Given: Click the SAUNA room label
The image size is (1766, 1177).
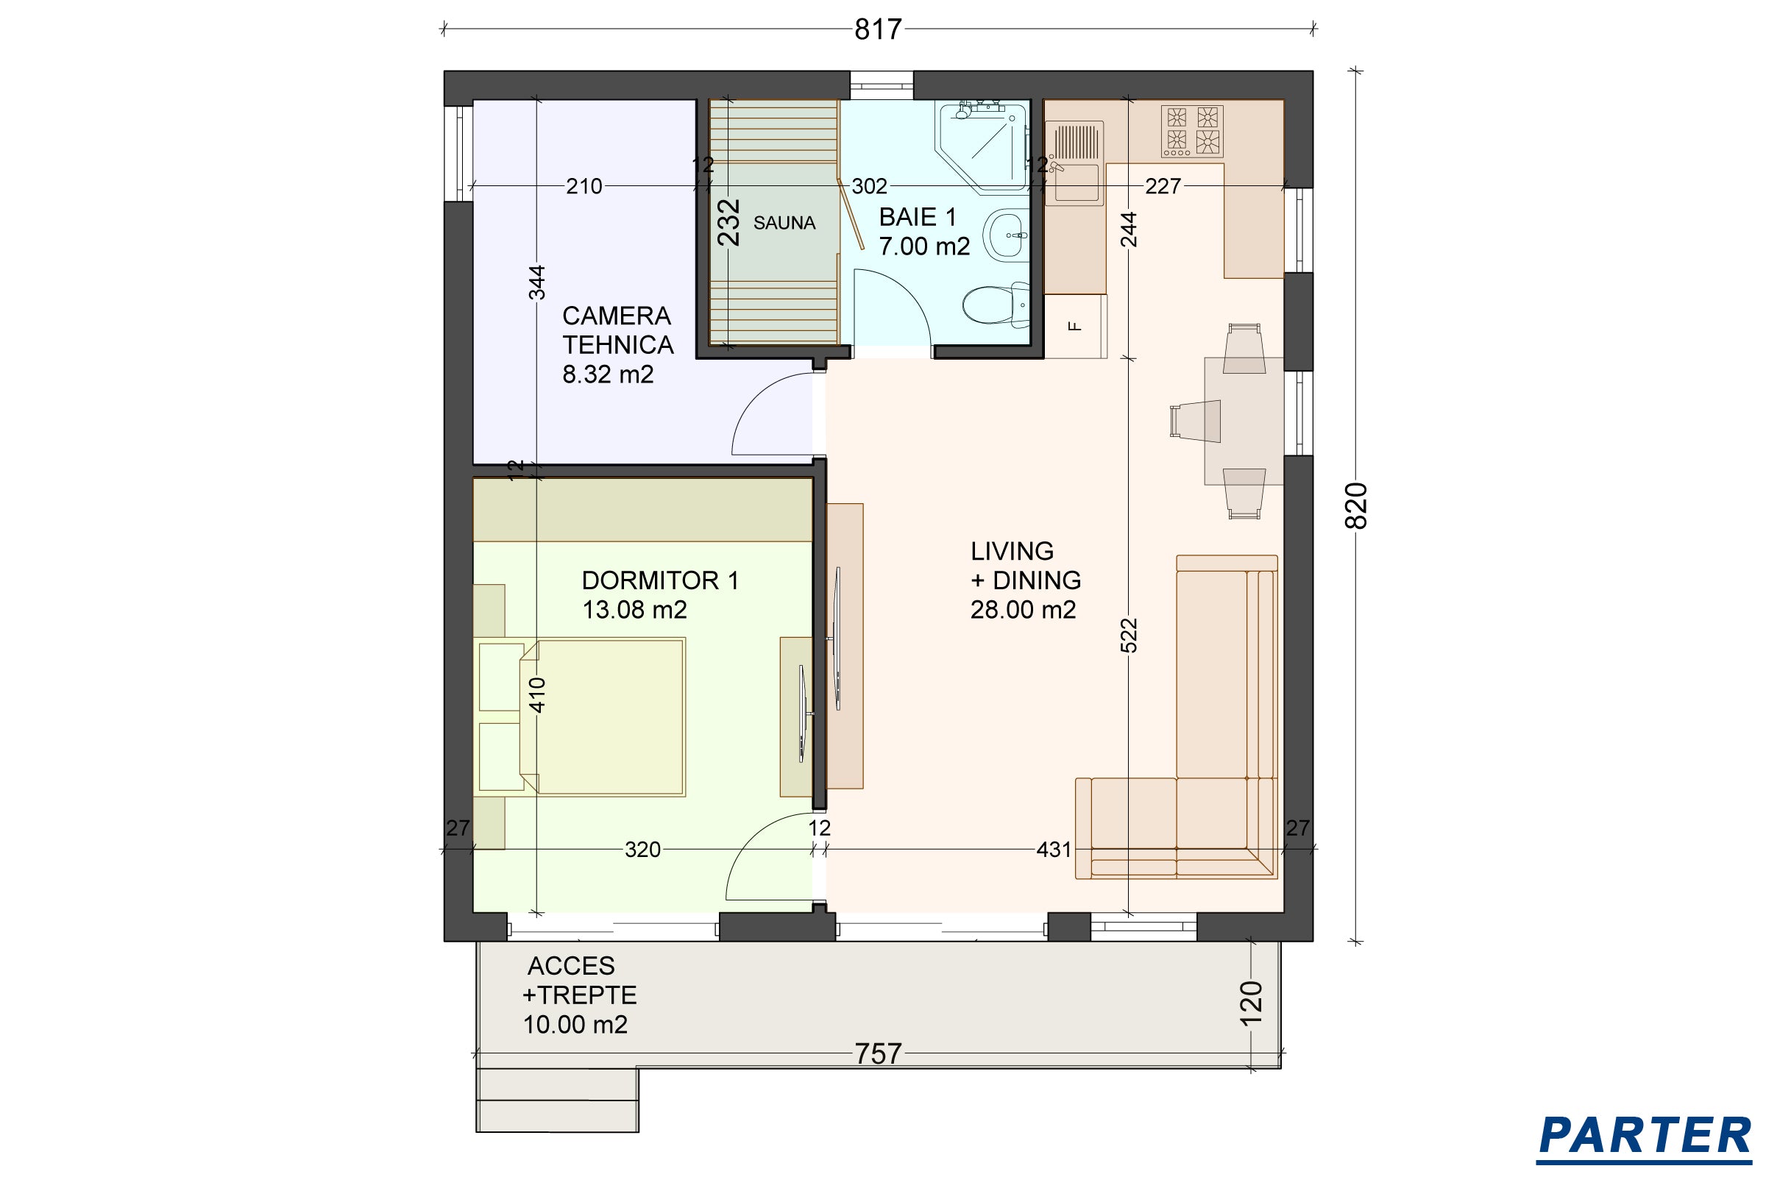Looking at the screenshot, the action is [x=784, y=223].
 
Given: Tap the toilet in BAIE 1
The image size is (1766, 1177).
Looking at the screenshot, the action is [x=996, y=305].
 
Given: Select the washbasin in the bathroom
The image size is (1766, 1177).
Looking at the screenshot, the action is [x=1007, y=235].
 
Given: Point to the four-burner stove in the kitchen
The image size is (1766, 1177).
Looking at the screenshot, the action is [x=1192, y=131].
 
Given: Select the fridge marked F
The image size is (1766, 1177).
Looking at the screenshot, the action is [x=1075, y=326].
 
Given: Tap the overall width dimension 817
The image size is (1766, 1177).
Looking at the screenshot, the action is [x=878, y=29].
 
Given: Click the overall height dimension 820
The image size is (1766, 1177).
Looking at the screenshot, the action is [x=1356, y=506].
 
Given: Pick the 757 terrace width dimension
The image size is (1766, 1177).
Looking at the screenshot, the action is [x=878, y=1054].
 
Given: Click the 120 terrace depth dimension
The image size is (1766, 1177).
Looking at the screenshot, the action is [x=1251, y=1003].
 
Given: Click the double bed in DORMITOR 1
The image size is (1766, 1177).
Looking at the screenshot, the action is [x=602, y=716].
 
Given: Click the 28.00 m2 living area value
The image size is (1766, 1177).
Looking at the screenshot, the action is [x=1023, y=610].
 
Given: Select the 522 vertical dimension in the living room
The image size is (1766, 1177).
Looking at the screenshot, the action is [x=1130, y=635].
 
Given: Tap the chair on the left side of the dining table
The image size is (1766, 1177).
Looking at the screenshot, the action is [x=1194, y=421].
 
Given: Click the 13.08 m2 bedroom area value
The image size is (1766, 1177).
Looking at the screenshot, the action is [x=634, y=610].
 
